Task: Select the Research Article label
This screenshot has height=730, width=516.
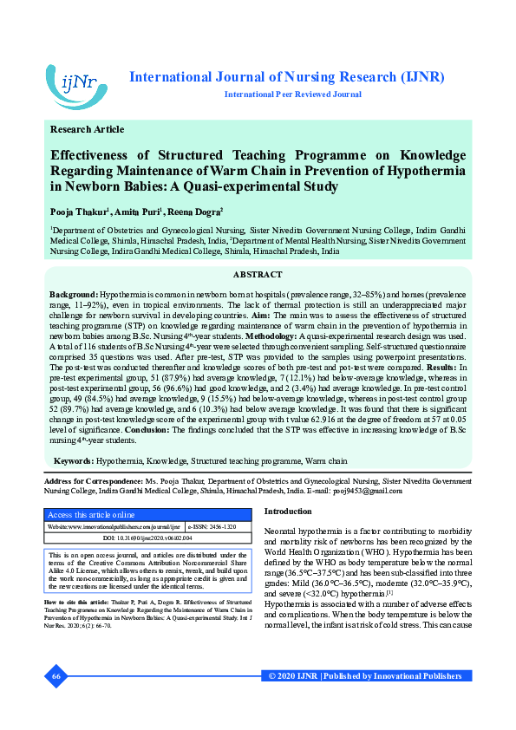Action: [x=87, y=129]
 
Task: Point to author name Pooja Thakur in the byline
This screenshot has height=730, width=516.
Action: [x=79, y=212]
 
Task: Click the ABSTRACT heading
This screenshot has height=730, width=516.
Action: [x=258, y=274]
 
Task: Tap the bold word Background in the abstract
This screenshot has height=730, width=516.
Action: [x=73, y=296]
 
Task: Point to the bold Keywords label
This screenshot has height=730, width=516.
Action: [x=74, y=460]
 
